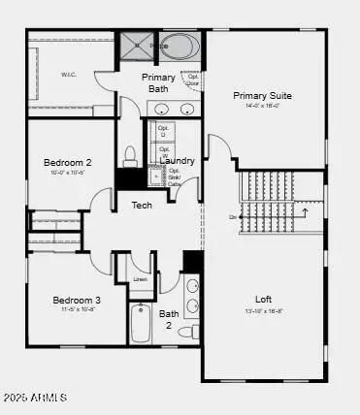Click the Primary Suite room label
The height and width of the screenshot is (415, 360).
pyautogui.click(x=262, y=95)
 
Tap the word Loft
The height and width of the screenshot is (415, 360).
pyautogui.click(x=263, y=299)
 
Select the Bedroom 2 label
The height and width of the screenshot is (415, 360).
pyautogui.click(x=68, y=162)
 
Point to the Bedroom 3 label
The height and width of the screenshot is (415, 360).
pyautogui.click(x=77, y=300)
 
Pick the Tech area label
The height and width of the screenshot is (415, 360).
pyautogui.click(x=142, y=205)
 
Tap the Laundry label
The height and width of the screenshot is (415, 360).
pyautogui.click(x=178, y=160)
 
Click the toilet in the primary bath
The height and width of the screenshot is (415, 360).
pyautogui.click(x=131, y=156)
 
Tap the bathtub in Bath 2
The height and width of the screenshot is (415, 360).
pyautogui.click(x=141, y=324)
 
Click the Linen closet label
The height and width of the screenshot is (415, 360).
pyautogui.click(x=140, y=280)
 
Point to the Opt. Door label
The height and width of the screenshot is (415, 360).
pyautogui.click(x=194, y=80)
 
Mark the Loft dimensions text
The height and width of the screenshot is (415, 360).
pyautogui.click(x=263, y=311)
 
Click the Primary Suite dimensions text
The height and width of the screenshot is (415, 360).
pyautogui.click(x=262, y=107)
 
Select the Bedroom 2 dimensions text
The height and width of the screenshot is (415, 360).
pyautogui.click(x=68, y=173)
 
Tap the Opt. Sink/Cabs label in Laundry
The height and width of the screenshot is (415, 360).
pyautogui.click(x=175, y=176)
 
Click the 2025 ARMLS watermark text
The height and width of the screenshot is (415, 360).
pyautogui.click(x=35, y=399)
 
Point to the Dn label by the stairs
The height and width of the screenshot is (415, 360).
pyautogui.click(x=233, y=216)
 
